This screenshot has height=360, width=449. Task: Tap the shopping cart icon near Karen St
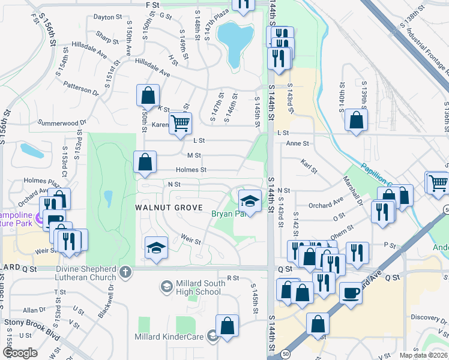(x=179, y=124)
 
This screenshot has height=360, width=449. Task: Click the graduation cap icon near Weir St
(x=156, y=247)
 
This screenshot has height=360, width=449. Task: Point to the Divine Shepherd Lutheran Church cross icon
(x=124, y=272)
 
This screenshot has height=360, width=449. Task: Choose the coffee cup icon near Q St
(x=351, y=293)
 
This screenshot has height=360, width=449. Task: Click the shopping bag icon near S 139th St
(x=357, y=120)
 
